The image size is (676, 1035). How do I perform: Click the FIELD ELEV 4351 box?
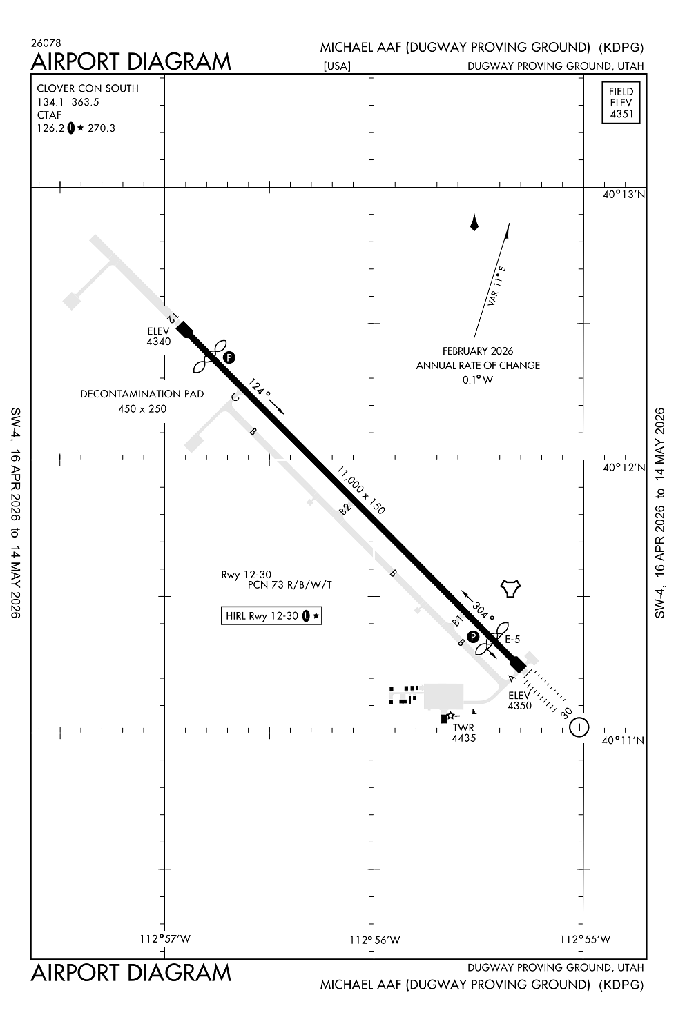click(x=621, y=103)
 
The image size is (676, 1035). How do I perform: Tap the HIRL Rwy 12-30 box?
click(x=271, y=615)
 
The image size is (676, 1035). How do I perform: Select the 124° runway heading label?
click(x=259, y=388)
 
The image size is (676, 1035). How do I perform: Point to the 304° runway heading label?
click(x=483, y=613)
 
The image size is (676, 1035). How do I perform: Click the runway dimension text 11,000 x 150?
click(x=360, y=490)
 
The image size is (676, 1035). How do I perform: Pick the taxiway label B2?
click(x=345, y=509)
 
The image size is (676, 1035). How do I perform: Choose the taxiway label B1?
click(x=457, y=621)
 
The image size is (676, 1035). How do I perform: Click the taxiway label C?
click(x=235, y=397)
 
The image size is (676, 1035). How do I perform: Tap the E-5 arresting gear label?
click(x=512, y=639)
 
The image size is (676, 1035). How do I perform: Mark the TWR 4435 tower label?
click(x=464, y=733)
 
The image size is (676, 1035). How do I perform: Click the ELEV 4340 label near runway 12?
click(x=159, y=337)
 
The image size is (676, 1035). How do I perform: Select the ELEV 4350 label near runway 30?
click(x=519, y=700)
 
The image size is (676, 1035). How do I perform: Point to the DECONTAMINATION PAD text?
click(x=142, y=394)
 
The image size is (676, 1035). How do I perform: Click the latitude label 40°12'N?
click(x=624, y=467)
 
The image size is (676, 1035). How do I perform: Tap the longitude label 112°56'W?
click(x=374, y=940)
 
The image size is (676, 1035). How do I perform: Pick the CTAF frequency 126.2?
click(x=51, y=128)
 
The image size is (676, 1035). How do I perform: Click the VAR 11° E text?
click(x=496, y=286)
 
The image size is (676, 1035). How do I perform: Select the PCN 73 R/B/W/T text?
click(x=290, y=585)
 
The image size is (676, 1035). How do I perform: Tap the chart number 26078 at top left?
click(x=46, y=43)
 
